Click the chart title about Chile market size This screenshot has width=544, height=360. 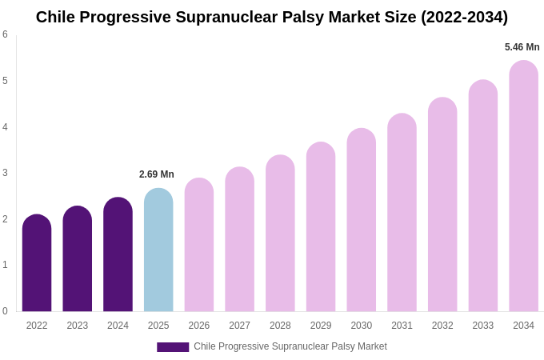(272, 17)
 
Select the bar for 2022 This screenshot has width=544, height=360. (37, 264)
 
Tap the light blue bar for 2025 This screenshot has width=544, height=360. (158, 250)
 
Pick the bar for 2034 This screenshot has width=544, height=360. (523, 186)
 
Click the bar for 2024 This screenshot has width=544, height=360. (118, 255)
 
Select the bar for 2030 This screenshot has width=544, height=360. (361, 221)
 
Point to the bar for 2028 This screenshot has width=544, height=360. (280, 234)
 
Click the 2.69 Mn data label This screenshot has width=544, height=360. (157, 174)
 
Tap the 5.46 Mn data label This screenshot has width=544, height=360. (522, 47)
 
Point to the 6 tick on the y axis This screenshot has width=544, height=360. (5, 34)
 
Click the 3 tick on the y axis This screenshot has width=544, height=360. (5, 173)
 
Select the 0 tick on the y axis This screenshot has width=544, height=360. (5, 311)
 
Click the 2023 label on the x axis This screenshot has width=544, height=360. (78, 326)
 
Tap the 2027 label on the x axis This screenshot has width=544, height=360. (239, 326)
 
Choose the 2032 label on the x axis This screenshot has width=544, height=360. (442, 326)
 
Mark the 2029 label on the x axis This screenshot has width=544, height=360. (321, 326)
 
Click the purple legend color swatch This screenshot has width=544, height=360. (173, 347)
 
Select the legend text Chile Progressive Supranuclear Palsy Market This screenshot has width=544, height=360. (290, 346)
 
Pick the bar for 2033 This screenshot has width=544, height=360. (483, 196)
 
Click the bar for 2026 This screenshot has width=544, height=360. (199, 246)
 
